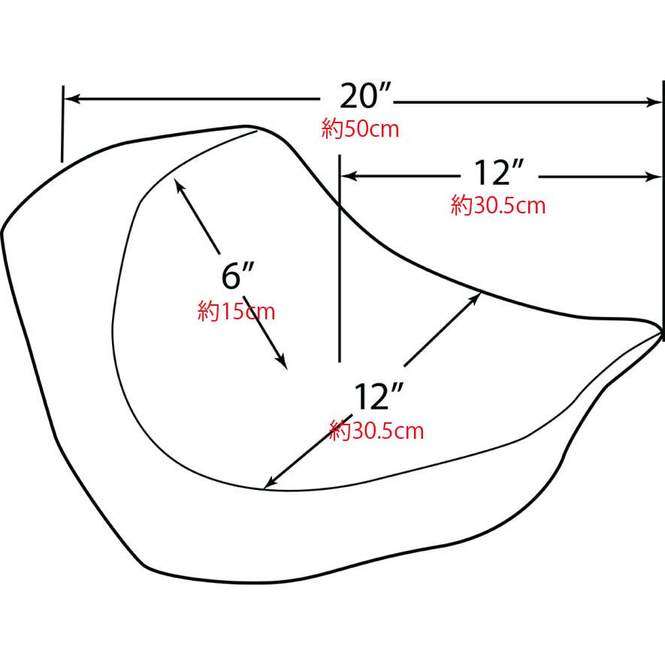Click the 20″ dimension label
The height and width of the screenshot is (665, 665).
click(x=364, y=96)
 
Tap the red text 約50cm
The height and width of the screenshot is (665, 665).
click(x=360, y=129)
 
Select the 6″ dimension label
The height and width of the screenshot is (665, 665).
click(x=237, y=276)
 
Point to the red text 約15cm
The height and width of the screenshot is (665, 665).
click(x=236, y=311)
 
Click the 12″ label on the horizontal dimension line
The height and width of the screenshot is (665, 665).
click(x=498, y=173)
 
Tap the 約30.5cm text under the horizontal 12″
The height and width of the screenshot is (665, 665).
click(x=498, y=205)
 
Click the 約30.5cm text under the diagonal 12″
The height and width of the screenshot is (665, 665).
click(x=376, y=431)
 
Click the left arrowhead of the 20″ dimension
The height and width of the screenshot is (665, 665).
click(x=71, y=99)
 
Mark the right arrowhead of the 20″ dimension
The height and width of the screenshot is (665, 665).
click(x=654, y=102)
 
